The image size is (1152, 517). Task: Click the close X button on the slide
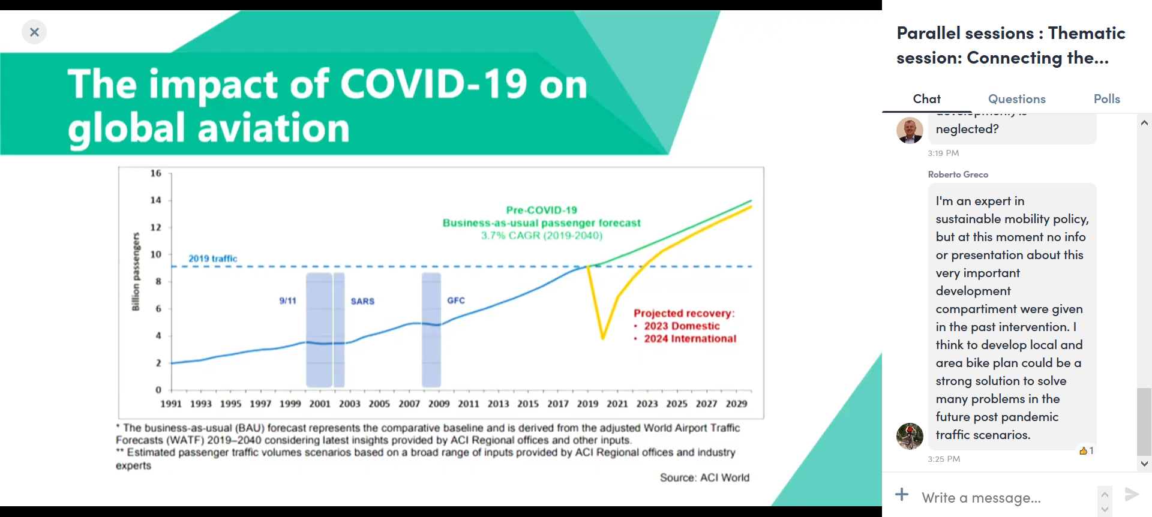tap(34, 32)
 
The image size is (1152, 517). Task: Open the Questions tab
tap(1016, 99)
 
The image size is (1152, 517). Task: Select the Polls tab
tap(1106, 99)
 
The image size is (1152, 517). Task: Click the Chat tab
tap(926, 99)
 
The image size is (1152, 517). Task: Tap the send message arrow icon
tap(1131, 494)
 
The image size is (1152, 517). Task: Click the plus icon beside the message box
tap(902, 495)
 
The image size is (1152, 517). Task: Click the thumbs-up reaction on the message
tap(1086, 450)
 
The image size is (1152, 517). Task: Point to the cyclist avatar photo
tap(910, 436)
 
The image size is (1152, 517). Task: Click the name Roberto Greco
tap(958, 175)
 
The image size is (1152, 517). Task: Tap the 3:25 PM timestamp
tap(944, 459)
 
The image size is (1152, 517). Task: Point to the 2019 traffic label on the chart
tap(213, 258)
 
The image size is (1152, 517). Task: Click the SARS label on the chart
tap(362, 301)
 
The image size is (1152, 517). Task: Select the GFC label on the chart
tap(456, 300)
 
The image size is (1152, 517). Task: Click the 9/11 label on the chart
tap(287, 300)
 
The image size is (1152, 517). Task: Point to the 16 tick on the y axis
tap(156, 173)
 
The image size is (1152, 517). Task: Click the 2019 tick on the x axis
tap(587, 404)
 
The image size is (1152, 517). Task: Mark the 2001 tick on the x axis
tap(320, 404)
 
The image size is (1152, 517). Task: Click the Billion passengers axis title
tap(136, 272)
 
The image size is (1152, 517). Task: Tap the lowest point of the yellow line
tap(602, 339)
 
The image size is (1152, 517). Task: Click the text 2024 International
tap(690, 339)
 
